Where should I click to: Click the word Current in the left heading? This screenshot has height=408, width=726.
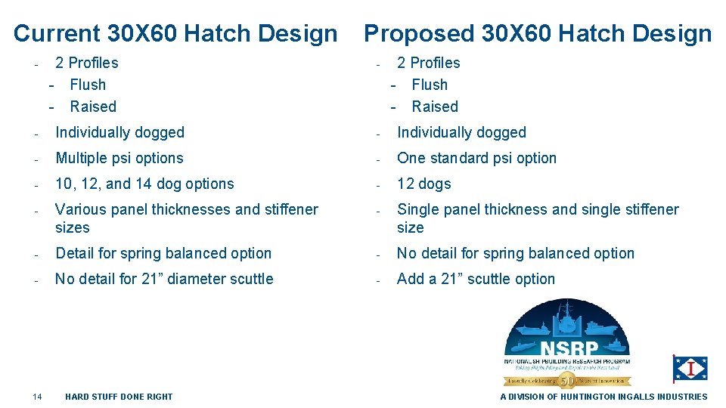[57, 33]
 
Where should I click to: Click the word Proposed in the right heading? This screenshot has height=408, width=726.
[419, 33]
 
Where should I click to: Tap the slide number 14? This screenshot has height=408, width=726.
[37, 397]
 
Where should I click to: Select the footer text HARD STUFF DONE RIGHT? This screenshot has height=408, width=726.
[119, 397]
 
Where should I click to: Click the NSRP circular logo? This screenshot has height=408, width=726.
[566, 342]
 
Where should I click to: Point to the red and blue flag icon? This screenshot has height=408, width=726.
[690, 369]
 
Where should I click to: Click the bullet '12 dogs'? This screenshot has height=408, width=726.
[423, 184]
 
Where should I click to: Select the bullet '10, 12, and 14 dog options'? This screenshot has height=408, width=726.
[144, 184]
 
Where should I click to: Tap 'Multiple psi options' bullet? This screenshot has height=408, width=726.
[119, 158]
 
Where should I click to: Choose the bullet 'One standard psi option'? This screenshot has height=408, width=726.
[476, 158]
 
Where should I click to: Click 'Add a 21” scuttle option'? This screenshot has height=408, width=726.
[476, 279]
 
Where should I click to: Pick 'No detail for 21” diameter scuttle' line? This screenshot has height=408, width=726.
[164, 279]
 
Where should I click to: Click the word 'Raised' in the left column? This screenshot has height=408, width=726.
[93, 107]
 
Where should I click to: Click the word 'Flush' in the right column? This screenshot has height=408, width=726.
[430, 85]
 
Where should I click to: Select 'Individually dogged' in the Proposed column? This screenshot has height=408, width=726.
[461, 132]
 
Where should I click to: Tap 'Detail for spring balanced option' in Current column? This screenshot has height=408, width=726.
[163, 253]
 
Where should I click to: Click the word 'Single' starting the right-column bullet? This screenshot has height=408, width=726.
[418, 209]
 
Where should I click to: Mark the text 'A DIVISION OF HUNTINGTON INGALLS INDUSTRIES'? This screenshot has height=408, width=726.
[603, 397]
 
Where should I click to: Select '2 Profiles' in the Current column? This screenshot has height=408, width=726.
[87, 63]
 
